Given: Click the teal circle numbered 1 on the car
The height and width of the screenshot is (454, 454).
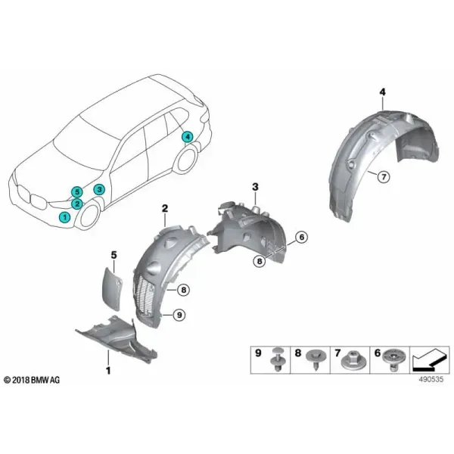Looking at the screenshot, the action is (x=64, y=217).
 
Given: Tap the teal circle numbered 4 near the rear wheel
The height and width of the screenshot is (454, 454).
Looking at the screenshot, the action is (x=188, y=136).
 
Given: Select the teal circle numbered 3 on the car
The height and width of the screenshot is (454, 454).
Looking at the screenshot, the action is (x=99, y=190).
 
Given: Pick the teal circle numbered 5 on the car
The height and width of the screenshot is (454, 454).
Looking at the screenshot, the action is (x=77, y=191).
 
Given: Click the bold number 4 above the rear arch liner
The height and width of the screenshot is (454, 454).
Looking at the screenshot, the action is (x=382, y=92).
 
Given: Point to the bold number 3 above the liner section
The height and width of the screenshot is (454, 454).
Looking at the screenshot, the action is (x=255, y=187).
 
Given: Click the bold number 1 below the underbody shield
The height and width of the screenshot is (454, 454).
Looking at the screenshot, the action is (x=108, y=371).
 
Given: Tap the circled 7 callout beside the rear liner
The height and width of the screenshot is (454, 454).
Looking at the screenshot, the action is (x=384, y=176).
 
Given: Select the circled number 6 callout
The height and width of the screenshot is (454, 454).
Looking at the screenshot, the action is (x=301, y=238).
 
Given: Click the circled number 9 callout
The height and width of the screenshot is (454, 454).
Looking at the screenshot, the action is (x=179, y=315).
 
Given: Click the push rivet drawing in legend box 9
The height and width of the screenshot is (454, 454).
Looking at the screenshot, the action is (x=278, y=359).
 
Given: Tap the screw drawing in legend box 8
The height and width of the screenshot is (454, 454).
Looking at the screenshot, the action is (x=316, y=359).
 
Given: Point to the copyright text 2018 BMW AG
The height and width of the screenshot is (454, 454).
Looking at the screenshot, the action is (x=32, y=380).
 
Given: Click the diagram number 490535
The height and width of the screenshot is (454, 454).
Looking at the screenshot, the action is (x=431, y=379).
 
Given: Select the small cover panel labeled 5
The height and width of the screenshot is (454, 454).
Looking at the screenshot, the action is (x=112, y=285).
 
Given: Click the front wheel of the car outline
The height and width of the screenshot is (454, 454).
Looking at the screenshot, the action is (x=89, y=217).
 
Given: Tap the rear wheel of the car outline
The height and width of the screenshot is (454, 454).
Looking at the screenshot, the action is (x=186, y=163).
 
